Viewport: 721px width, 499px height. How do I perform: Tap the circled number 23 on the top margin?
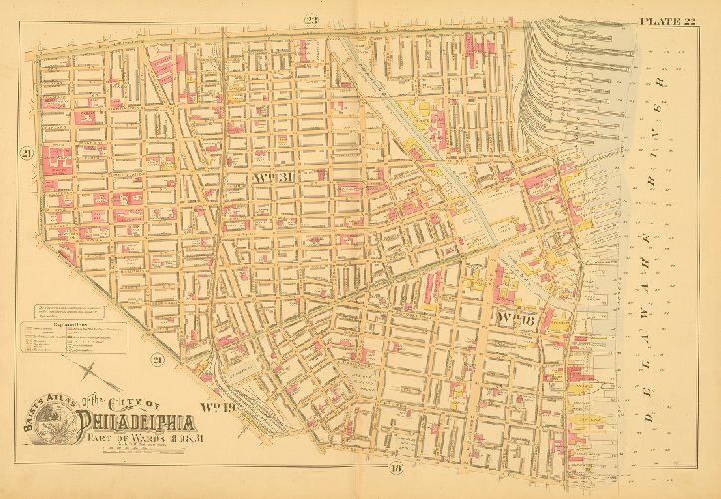(311, 20)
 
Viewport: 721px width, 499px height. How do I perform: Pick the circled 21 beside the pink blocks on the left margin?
(27, 152)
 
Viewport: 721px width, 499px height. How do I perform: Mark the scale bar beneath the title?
(150, 447)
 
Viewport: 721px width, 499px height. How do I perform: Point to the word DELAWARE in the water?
(660, 329)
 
